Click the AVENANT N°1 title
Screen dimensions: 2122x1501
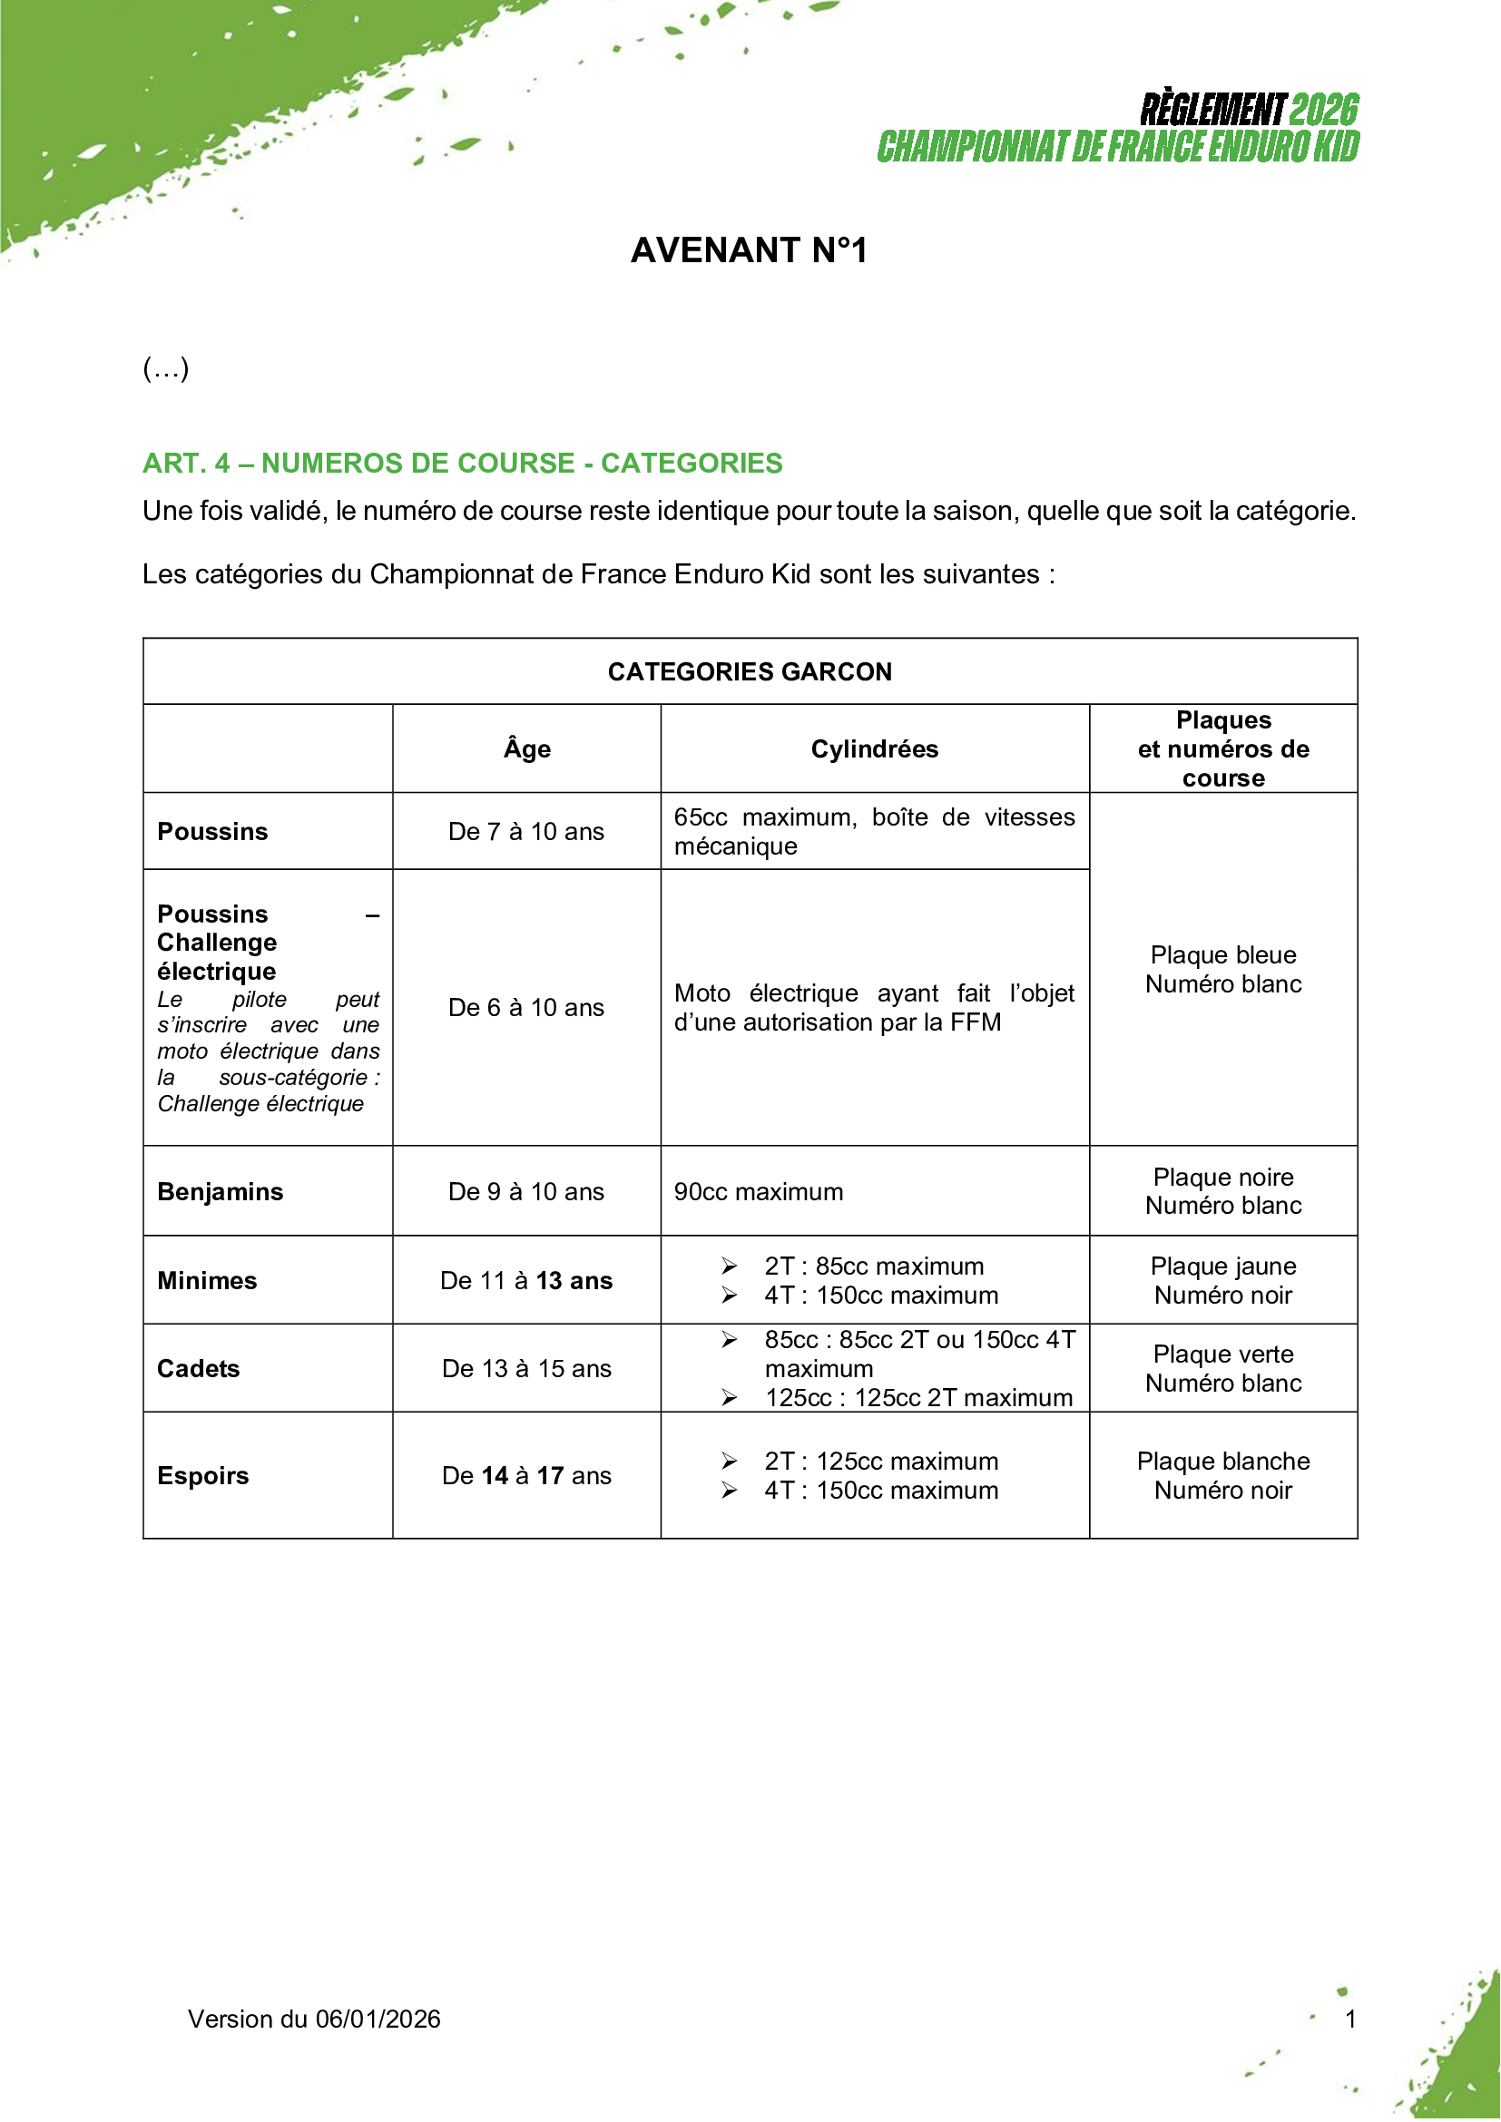(749, 250)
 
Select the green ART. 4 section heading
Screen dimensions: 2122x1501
(462, 463)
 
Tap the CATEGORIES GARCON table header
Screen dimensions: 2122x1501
(750, 672)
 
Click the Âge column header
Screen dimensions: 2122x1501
(527, 749)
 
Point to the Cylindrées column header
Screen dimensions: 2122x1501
(874, 749)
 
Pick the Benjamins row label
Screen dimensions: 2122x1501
(220, 1192)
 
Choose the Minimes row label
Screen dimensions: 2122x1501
(207, 1281)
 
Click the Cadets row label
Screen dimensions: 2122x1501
(198, 1369)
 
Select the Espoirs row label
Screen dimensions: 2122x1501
(202, 1476)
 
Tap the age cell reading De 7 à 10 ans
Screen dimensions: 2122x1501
(526, 832)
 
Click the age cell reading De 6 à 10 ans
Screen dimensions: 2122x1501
(526, 1007)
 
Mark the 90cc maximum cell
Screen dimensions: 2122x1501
(758, 1192)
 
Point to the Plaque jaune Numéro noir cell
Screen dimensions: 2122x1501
(1222, 1281)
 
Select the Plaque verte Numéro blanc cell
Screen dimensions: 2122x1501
(1222, 1369)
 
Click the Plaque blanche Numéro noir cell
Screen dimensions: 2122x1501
(1222, 1476)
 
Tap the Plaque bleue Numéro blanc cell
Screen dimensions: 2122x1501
(1222, 970)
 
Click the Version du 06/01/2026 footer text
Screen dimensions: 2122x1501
(314, 2019)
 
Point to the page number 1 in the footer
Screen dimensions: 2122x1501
(1350, 2019)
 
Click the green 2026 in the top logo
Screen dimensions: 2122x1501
(1323, 110)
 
